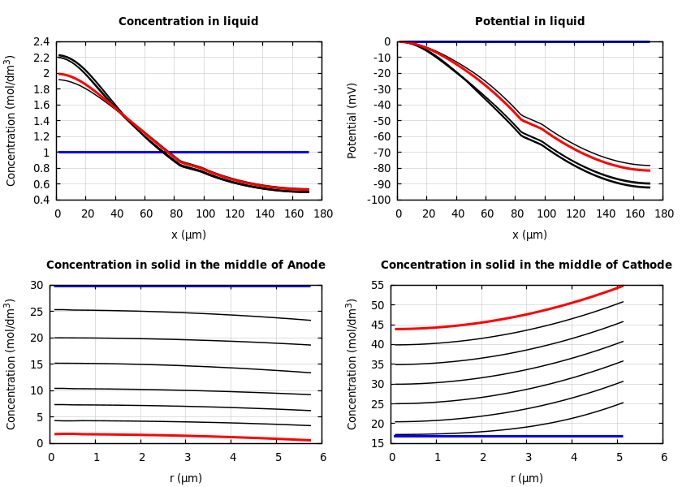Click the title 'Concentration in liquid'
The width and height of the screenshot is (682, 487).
click(188, 22)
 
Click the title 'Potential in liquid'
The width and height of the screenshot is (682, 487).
click(529, 22)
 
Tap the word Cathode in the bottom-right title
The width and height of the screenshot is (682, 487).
click(648, 265)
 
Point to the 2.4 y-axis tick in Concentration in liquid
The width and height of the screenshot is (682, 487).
click(41, 41)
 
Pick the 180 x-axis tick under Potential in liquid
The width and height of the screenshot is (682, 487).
click(663, 214)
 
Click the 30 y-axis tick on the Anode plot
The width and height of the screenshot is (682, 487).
click(37, 285)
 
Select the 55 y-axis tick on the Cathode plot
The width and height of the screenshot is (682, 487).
click(378, 285)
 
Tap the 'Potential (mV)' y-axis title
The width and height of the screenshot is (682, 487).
click(352, 120)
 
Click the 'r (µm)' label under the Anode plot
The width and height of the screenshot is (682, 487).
click(186, 478)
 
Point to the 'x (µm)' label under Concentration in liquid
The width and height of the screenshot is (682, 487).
click(188, 235)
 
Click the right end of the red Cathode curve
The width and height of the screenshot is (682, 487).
click(623, 286)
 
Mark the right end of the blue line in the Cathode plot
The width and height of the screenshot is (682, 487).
click(623, 436)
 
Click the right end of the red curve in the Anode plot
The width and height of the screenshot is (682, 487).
click(310, 440)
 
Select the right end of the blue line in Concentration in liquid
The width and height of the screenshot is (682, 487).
click(309, 152)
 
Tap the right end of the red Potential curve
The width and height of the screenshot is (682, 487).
click(650, 170)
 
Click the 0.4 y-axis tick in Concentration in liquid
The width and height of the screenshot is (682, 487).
click(41, 200)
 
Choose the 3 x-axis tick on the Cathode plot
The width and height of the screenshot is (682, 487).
click(528, 458)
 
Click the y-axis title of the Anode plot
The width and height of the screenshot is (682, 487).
click(11, 364)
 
